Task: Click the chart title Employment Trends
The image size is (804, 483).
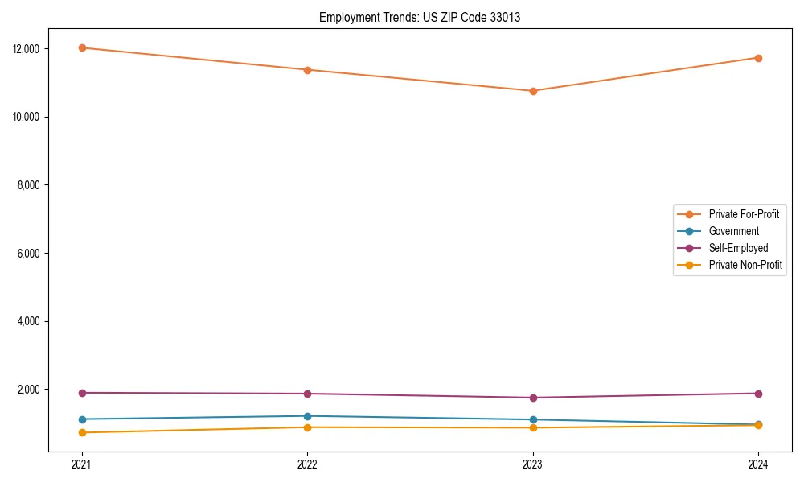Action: point(419,17)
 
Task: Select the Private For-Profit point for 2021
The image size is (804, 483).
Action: point(82,47)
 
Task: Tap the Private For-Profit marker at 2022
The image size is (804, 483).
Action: point(307,70)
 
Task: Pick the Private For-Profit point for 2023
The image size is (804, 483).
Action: point(533,91)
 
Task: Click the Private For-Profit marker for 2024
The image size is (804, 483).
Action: point(758,58)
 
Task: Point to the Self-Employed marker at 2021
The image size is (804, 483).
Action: point(82,393)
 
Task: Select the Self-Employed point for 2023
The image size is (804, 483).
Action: point(533,398)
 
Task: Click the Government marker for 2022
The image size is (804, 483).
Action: point(307,416)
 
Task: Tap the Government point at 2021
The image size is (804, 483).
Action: point(82,419)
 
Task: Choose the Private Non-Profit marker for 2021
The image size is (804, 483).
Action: point(82,433)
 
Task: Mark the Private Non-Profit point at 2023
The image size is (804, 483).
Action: point(533,427)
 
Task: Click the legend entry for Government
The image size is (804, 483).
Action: point(733,231)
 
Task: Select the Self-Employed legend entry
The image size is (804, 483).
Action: point(738,248)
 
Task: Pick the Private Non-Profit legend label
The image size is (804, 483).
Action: point(745,265)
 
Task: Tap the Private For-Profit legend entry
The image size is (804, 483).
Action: point(744,214)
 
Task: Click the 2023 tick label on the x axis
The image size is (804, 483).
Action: point(533,464)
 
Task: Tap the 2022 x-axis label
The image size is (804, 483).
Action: point(307,464)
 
